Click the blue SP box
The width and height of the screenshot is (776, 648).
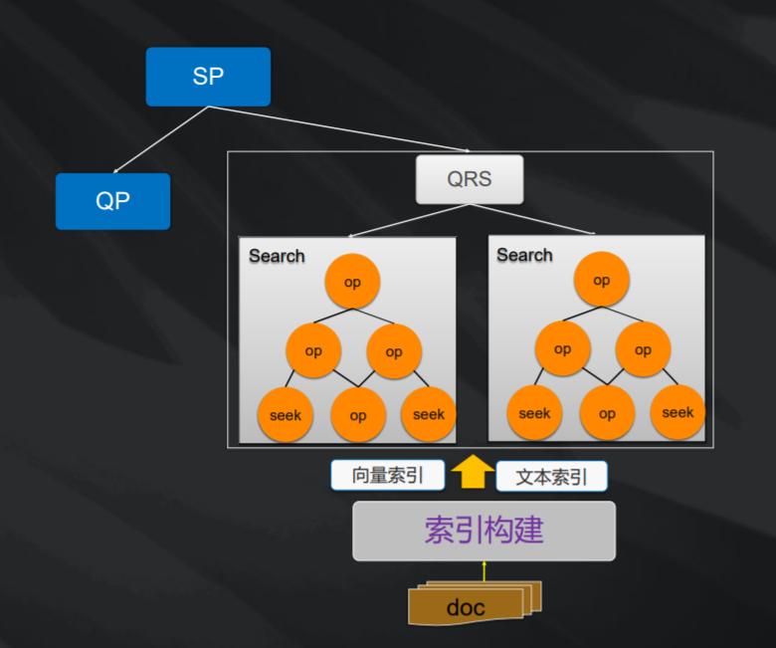pyautogui.click(x=208, y=77)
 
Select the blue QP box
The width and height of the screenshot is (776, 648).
pyautogui.click(x=112, y=201)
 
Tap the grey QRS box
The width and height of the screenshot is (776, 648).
pyautogui.click(x=469, y=180)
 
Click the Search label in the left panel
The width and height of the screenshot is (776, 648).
pyautogui.click(x=277, y=256)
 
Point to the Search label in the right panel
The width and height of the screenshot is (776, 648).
pyautogui.click(x=524, y=255)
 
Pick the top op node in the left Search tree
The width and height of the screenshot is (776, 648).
pyautogui.click(x=352, y=282)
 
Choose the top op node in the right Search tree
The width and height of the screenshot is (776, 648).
pyautogui.click(x=601, y=280)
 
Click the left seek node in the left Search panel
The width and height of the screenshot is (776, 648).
pyautogui.click(x=286, y=414)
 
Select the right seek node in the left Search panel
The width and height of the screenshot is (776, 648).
pyautogui.click(x=429, y=414)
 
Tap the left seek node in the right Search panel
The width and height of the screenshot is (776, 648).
pyautogui.click(x=534, y=413)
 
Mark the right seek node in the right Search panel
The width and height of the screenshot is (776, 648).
pyautogui.click(x=678, y=412)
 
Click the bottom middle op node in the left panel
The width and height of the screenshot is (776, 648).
pyautogui.click(x=357, y=415)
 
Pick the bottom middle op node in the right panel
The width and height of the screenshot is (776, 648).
pyautogui.click(x=607, y=413)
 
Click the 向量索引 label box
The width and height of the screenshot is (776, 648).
pyautogui.click(x=387, y=476)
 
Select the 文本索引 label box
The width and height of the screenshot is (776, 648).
pyautogui.click(x=551, y=477)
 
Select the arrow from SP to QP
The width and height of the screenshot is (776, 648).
pyautogui.click(x=160, y=139)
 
